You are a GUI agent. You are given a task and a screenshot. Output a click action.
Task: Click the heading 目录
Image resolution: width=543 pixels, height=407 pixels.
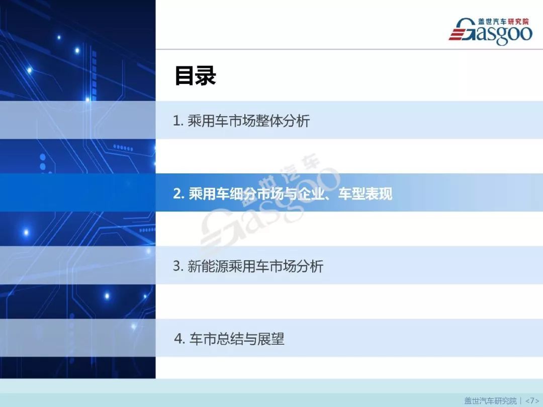point(195,76)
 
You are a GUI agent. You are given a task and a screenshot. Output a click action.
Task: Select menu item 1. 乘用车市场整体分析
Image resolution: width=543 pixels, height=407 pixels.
point(241,121)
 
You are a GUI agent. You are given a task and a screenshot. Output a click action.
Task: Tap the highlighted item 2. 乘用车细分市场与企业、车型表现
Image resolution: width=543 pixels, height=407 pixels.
point(283,194)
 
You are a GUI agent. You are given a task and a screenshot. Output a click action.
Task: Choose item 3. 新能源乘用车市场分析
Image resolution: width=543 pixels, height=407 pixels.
point(248,266)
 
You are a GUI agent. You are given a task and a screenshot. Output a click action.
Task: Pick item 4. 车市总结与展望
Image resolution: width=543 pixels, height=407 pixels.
point(229,339)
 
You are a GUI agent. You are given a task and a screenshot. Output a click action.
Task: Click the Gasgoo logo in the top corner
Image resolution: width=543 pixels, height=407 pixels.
point(490,31)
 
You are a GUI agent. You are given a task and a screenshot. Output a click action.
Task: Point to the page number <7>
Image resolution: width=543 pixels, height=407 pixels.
point(532,400)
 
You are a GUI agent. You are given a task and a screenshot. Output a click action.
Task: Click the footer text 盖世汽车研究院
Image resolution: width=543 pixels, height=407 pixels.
point(490,400)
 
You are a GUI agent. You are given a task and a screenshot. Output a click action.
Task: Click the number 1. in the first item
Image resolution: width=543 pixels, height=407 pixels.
point(177,121)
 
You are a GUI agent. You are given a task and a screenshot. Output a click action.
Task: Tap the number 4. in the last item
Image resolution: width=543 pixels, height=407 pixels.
point(178,340)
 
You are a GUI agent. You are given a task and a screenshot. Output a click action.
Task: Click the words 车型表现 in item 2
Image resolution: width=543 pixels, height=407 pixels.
point(365,194)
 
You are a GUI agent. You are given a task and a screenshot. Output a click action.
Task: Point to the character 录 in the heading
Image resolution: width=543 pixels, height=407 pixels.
point(206,76)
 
